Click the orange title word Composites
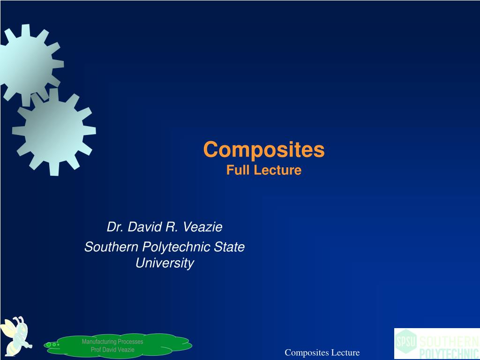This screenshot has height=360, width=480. [263, 150]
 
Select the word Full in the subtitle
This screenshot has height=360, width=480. [236, 170]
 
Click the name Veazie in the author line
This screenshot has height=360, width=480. [202, 227]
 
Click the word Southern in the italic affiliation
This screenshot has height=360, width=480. [111, 247]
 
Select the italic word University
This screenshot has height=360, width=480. [165, 263]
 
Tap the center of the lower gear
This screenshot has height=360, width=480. [54, 132]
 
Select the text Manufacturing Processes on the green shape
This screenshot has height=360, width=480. [112, 342]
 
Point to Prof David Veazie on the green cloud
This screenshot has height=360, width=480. [112, 350]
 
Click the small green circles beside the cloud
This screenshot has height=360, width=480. [52, 345]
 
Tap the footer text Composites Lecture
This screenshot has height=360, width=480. [322, 353]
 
